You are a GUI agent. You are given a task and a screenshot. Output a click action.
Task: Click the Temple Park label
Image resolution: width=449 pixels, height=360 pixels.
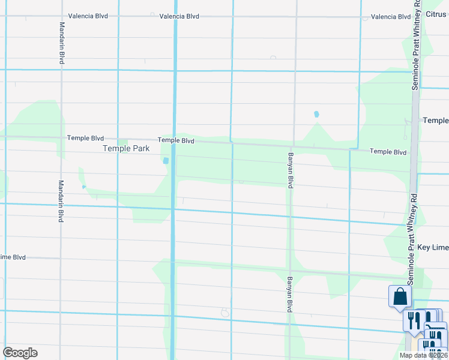(126, 148)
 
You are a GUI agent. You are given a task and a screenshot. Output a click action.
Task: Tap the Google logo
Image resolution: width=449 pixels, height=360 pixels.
(20, 353)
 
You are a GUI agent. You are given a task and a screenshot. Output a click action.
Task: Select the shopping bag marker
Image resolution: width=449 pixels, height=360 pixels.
(400, 296)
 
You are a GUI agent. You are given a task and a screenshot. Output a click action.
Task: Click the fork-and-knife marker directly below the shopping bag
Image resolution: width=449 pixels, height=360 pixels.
(413, 320)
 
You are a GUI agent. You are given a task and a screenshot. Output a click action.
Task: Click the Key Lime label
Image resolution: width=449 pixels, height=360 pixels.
(433, 247)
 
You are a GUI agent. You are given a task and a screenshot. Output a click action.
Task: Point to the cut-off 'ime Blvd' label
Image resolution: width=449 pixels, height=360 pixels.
(13, 257)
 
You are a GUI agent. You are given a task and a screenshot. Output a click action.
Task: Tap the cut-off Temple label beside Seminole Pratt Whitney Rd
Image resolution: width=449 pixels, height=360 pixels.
(435, 121)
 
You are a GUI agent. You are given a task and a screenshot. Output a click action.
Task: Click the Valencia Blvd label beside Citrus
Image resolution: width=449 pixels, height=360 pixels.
(391, 17)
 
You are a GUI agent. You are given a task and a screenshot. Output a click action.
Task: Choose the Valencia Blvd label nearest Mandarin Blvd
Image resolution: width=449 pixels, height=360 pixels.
(88, 16)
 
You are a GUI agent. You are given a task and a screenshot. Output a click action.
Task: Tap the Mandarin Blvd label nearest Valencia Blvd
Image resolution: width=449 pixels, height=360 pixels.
(62, 43)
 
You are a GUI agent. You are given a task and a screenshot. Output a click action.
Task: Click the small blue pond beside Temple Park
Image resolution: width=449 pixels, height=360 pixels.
(165, 160)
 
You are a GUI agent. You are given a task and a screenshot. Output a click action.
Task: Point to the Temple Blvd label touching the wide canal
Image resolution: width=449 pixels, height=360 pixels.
(176, 140)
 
